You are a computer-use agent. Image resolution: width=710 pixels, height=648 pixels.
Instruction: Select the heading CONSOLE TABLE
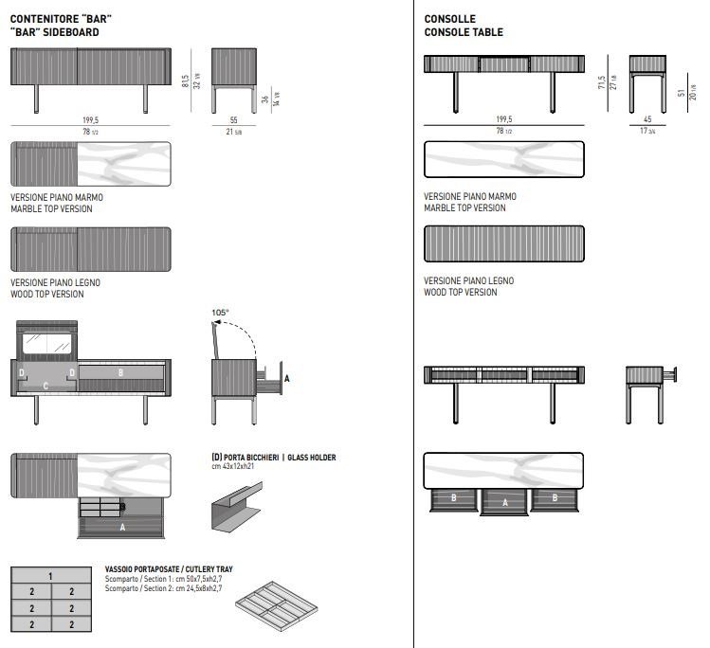464,32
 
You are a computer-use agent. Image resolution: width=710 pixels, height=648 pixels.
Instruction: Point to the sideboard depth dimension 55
234,120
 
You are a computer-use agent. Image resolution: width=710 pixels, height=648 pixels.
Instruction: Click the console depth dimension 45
646,119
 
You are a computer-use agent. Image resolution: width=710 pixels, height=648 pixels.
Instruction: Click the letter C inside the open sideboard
46,386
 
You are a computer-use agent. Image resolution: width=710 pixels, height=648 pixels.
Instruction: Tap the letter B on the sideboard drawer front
120,373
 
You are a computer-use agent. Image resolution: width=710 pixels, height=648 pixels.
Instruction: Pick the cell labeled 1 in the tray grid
49,575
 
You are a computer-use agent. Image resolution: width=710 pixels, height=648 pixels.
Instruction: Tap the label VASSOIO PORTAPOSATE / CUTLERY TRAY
169,569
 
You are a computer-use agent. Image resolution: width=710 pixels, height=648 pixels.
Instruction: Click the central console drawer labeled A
505,502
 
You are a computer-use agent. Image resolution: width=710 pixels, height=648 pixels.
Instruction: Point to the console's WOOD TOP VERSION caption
460,293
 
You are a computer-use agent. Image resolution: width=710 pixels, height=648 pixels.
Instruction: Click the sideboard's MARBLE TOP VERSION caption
51,208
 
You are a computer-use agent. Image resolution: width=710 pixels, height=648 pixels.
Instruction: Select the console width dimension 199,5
503,119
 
